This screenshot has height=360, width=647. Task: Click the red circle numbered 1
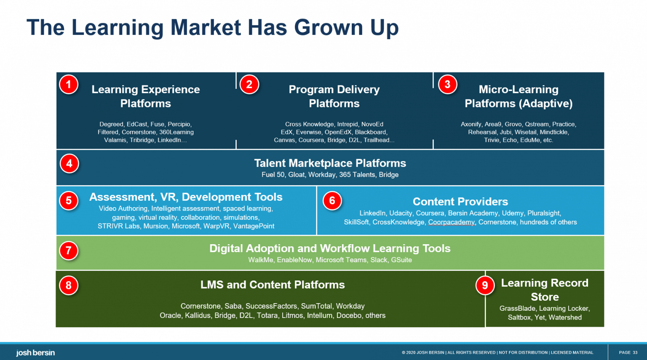(x=69, y=85)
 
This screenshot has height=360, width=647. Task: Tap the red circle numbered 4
(x=69, y=164)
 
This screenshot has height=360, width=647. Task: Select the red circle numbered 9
(x=485, y=285)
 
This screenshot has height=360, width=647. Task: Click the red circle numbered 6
(x=332, y=201)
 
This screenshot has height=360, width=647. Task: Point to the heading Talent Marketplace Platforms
(x=330, y=163)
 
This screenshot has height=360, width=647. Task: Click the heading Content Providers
(x=460, y=202)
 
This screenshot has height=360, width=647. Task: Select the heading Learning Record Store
(x=544, y=290)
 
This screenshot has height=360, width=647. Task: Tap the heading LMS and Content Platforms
(x=273, y=285)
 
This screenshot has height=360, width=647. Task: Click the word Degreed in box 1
(x=111, y=124)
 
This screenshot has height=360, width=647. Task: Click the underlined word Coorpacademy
(x=451, y=222)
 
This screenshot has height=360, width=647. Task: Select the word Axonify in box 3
(x=471, y=124)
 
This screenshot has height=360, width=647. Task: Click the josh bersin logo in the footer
(x=35, y=353)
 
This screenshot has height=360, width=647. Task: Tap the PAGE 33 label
(x=628, y=353)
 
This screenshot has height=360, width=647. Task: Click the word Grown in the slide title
(x=328, y=28)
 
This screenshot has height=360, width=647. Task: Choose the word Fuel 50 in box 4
(x=273, y=175)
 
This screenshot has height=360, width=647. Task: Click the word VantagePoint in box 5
(x=254, y=227)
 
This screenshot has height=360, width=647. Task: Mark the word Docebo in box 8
(x=349, y=316)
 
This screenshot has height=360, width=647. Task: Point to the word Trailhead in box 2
(x=378, y=140)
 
